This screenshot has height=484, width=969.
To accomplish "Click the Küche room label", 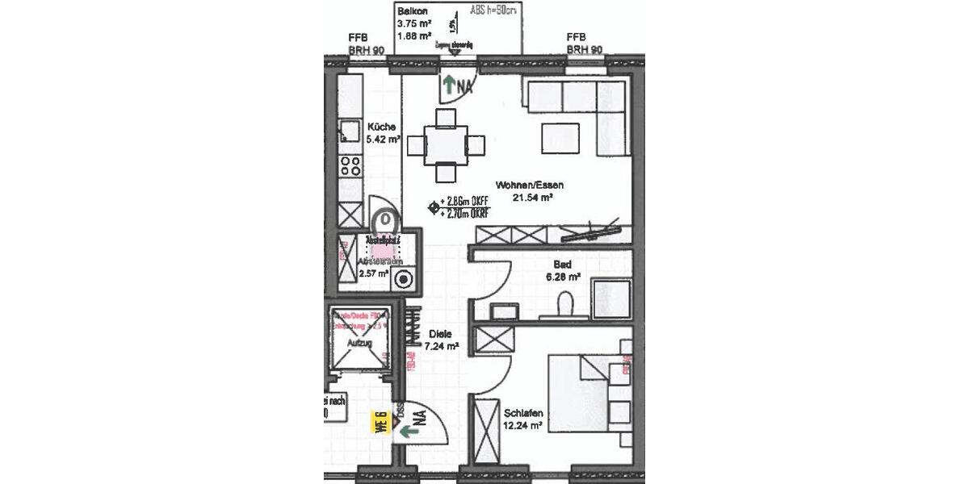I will coord(381,127).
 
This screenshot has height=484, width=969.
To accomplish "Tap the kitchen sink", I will coord(349,131).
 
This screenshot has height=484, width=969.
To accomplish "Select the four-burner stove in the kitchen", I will coord(350,166).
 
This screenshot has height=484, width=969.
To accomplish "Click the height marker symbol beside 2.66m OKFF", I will coord(433,208).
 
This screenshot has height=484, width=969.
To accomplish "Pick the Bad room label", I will coord(562,265).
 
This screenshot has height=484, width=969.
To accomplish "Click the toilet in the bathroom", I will coord(567,303).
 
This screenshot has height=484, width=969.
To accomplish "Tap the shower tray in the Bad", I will coord(611,298).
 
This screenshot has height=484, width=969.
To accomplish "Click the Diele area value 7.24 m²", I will coord(443,346).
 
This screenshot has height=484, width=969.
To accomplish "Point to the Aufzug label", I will coord(358,343).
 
